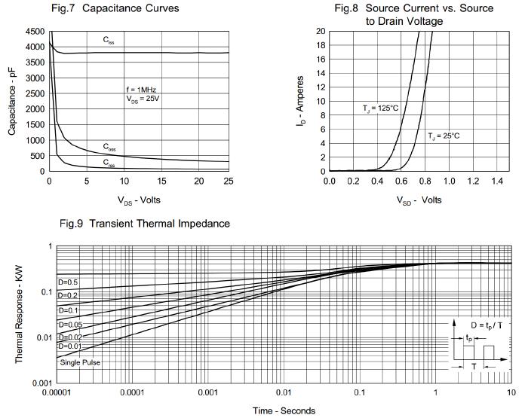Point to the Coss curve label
110,146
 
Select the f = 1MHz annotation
141,90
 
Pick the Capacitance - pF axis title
12,100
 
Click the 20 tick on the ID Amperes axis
321,32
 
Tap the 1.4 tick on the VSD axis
496,182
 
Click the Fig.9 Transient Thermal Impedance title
144,224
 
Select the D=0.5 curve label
68,282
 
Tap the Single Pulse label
80,362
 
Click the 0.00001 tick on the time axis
57,392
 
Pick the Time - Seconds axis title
284,410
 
